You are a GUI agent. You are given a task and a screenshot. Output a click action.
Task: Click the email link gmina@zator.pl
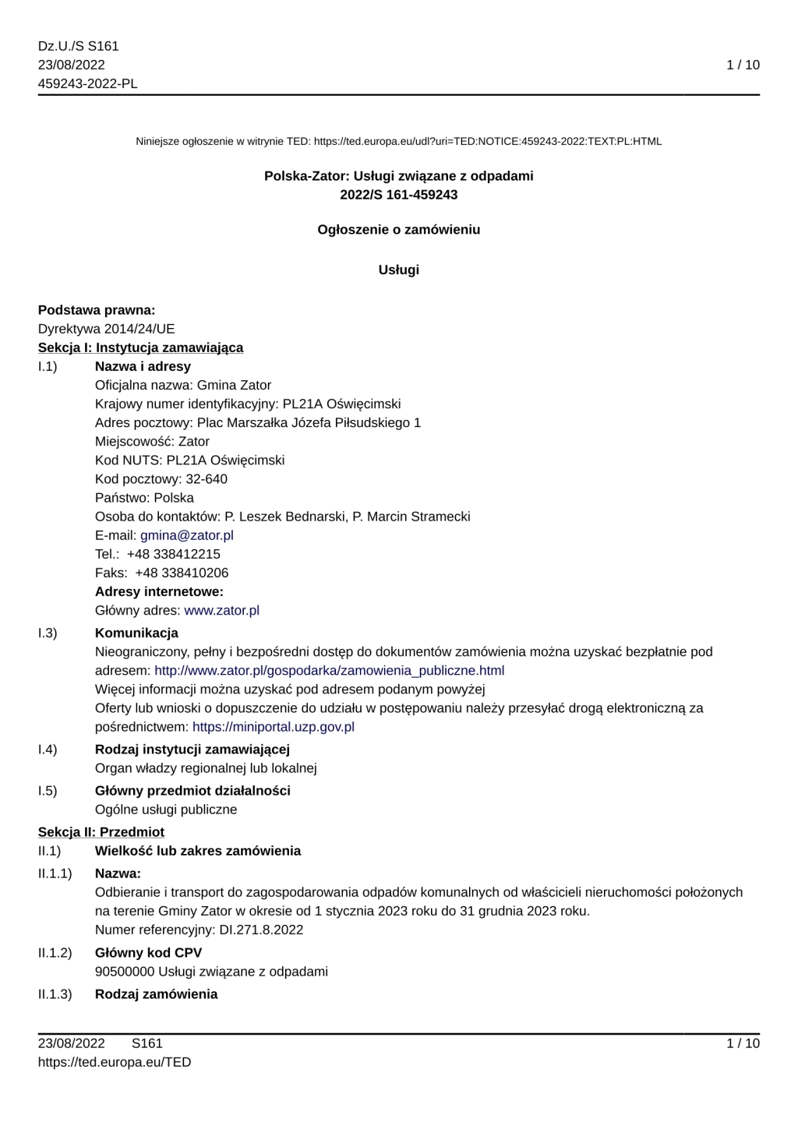pos(186,535)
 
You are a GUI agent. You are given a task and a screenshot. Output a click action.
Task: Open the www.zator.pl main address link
pos(221,610)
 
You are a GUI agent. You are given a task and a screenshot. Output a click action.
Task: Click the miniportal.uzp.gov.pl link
pos(273,727)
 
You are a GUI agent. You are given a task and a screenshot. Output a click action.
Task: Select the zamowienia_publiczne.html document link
pos(329,670)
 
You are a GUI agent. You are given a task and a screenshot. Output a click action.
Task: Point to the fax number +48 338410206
pos(182,573)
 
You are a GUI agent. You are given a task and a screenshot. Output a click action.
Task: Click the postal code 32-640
pos(207,479)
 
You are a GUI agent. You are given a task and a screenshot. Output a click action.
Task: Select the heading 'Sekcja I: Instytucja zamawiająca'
pos(140,348)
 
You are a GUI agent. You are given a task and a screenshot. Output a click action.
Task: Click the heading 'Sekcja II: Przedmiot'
pos(101,832)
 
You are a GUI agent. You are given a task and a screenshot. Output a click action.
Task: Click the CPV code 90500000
pos(125,972)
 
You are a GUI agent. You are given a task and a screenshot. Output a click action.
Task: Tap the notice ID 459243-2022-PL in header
pos(87,83)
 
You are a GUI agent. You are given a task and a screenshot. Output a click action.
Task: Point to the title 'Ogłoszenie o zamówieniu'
pos(398,230)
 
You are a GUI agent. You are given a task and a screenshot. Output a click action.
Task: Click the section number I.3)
pos(48,633)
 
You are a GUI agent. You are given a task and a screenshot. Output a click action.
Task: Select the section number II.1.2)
pos(55,953)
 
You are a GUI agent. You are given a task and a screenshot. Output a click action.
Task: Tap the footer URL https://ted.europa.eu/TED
pos(114,1062)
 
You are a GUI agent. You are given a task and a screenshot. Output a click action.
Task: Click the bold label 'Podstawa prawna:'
pos(97,310)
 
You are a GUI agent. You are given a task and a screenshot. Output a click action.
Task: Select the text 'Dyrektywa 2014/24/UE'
pos(106,329)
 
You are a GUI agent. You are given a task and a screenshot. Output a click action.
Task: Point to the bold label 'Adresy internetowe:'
pos(159,591)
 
